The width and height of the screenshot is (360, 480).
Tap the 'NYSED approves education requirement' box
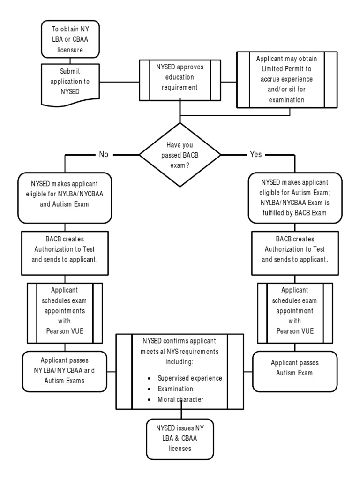click(x=180, y=80)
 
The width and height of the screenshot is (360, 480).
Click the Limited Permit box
click(x=287, y=80)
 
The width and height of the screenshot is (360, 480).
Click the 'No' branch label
click(x=104, y=154)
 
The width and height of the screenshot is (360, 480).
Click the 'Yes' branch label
click(x=256, y=154)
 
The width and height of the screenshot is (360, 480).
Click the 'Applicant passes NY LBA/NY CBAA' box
click(x=65, y=370)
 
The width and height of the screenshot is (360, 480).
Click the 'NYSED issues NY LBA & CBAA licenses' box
click(x=180, y=439)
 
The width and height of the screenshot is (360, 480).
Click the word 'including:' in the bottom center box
click(x=180, y=362)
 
